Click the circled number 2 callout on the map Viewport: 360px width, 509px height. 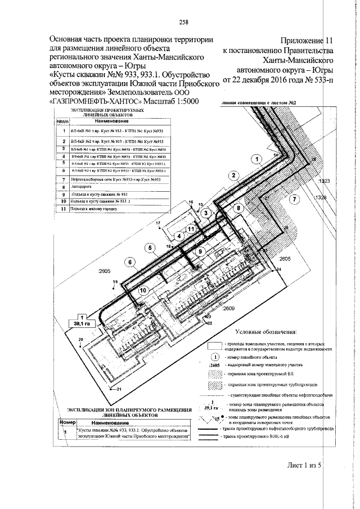tap(232, 175)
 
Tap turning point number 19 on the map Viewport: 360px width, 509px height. tap(115, 281)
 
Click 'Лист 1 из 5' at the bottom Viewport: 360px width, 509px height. tap(303, 464)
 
